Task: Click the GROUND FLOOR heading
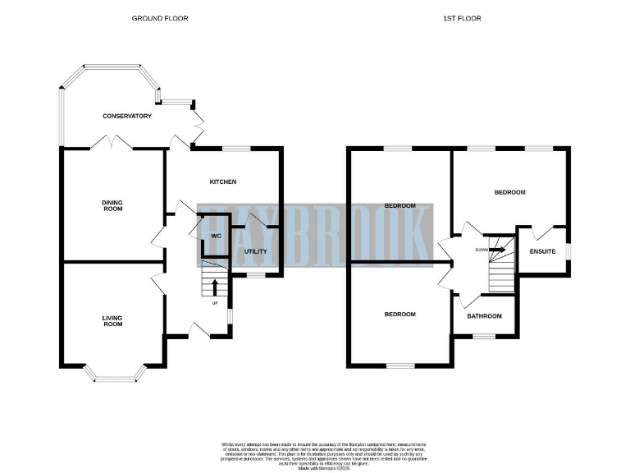pos(160,17)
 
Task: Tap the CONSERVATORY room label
pos(127,117)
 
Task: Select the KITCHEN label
pos(223,181)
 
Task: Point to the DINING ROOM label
pos(112,205)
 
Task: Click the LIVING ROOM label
pos(112,320)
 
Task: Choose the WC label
pos(217,236)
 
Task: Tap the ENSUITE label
pos(543,251)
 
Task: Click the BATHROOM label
pos(485,315)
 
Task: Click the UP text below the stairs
pos(215,303)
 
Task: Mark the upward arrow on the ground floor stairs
pos(215,287)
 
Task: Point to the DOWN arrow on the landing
pos(498,250)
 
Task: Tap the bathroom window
pos(485,336)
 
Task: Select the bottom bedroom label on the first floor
pos(400,315)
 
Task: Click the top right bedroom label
pos(509,192)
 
